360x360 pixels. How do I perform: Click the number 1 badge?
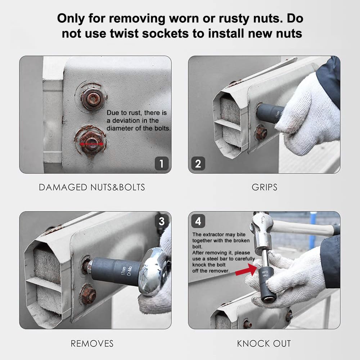(x=162, y=163)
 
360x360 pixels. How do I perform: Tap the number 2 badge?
(x=198, y=163)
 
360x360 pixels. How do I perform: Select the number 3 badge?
(x=162, y=221)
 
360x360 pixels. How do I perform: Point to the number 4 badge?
(x=198, y=221)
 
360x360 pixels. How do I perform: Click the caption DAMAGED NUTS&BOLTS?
(x=92, y=187)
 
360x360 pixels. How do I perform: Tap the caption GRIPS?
(x=265, y=187)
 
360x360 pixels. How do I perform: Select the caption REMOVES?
(x=92, y=343)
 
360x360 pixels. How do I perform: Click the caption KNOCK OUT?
(x=264, y=343)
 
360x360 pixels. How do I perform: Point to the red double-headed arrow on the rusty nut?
(x=91, y=144)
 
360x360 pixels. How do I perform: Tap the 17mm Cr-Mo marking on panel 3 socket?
(x=127, y=271)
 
